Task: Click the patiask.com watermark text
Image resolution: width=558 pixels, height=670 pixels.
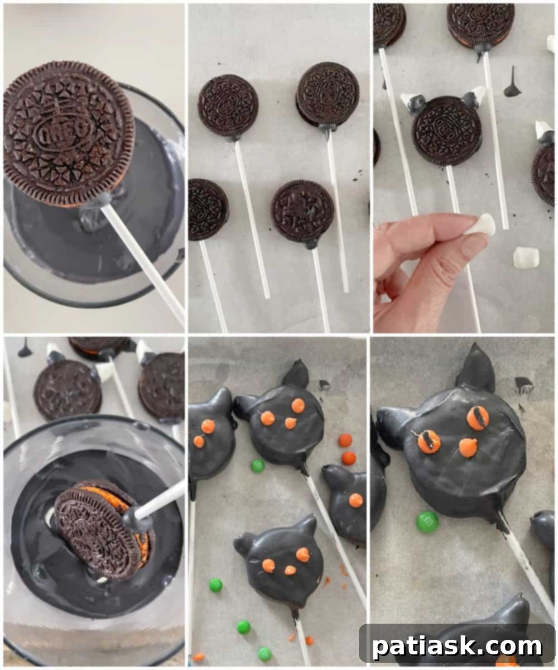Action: (456, 647)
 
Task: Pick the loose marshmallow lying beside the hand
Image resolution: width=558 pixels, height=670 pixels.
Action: (526, 257)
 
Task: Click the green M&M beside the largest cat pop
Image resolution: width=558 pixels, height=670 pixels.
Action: (427, 521)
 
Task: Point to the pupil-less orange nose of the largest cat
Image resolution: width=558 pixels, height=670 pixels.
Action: (469, 447)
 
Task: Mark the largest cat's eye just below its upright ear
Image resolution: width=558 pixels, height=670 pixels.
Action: (478, 417)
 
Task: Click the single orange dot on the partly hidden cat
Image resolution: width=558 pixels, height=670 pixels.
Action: (355, 500)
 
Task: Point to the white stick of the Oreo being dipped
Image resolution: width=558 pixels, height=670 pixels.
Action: (162, 500)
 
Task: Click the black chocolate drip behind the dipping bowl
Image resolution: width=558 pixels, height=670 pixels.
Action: (25, 350)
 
